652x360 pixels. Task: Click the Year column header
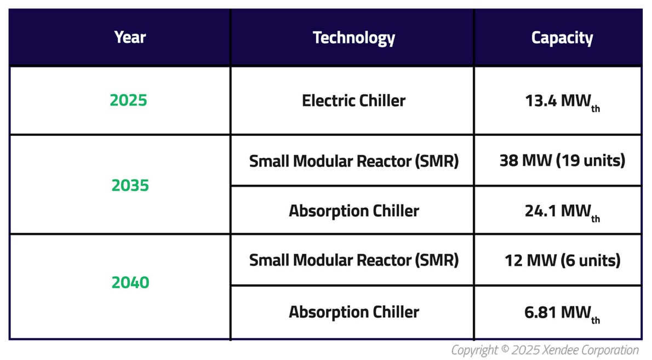pyautogui.click(x=130, y=37)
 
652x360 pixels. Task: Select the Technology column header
pyautogui.click(x=353, y=37)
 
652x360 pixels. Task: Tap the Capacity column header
pyautogui.click(x=562, y=37)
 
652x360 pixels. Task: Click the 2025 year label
pyautogui.click(x=128, y=101)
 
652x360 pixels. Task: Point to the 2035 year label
pyautogui.click(x=130, y=186)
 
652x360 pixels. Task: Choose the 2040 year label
pyautogui.click(x=130, y=282)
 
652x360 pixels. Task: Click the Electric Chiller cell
pyautogui.click(x=353, y=101)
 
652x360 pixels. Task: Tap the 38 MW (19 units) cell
pyautogui.click(x=562, y=161)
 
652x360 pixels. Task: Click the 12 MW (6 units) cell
pyautogui.click(x=562, y=260)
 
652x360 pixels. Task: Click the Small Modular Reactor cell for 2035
pyautogui.click(x=353, y=161)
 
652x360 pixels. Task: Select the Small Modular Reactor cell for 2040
pyautogui.click(x=353, y=260)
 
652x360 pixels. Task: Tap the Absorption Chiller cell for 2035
pyautogui.click(x=353, y=211)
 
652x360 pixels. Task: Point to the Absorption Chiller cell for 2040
pyautogui.click(x=353, y=312)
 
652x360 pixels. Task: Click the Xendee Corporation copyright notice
pyautogui.click(x=545, y=350)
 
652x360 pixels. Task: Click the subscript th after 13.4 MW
pyautogui.click(x=595, y=108)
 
